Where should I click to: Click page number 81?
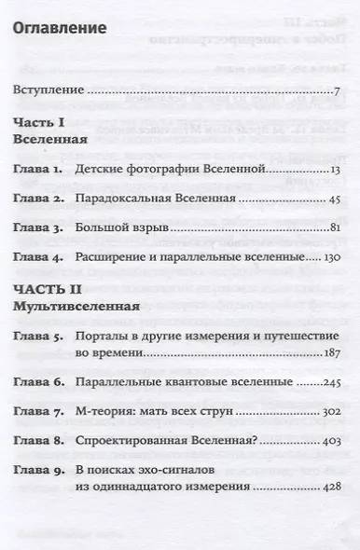click(x=332, y=228)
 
